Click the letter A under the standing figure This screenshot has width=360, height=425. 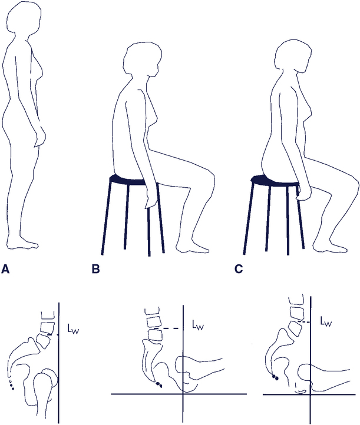5,269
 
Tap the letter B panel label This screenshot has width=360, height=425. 95,269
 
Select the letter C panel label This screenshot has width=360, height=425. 239,269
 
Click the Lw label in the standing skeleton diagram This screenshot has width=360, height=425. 73,329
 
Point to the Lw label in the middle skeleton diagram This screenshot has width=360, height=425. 198,325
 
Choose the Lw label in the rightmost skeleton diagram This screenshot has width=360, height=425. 326,321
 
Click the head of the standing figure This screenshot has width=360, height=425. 24,19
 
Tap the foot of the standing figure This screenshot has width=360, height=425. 23,243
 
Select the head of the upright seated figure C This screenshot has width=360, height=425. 292,56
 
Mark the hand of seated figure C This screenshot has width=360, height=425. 304,192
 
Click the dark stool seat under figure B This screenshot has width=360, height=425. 127,180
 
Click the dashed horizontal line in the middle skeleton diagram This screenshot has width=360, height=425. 166,328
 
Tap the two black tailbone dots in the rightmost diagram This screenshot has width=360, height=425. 275,377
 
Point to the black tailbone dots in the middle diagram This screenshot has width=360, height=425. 159,384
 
